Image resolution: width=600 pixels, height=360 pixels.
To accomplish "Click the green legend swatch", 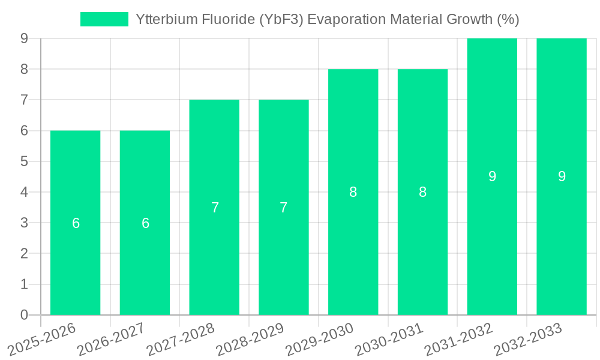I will click(x=104, y=19).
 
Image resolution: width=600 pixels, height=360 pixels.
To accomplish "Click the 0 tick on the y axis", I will click(x=24, y=315).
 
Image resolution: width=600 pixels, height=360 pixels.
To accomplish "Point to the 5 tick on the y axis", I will click(x=24, y=161).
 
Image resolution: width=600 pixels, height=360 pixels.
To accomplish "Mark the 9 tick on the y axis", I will click(x=24, y=38).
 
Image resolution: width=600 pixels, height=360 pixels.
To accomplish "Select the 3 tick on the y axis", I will click(x=24, y=223).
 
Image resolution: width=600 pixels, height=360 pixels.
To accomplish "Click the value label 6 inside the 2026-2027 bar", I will click(x=145, y=223).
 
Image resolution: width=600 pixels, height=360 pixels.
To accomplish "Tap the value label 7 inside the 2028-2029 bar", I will click(x=283, y=208).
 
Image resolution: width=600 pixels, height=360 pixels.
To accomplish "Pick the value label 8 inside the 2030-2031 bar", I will click(x=422, y=192).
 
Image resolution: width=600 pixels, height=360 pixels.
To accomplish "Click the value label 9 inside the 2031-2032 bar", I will click(x=492, y=176).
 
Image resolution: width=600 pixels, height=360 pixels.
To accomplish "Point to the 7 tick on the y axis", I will click(x=24, y=100).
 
